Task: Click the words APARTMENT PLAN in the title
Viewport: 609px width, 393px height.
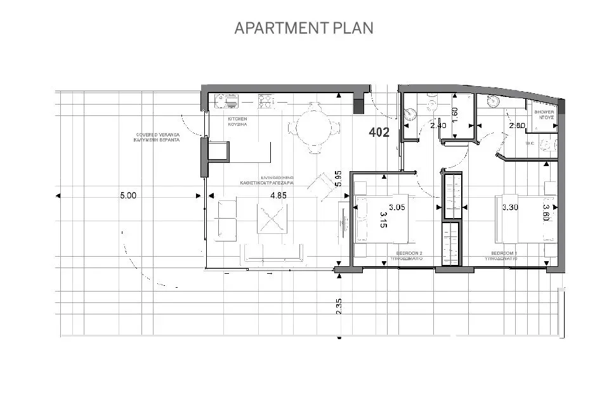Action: point(304,28)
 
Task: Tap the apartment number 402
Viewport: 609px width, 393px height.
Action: point(379,132)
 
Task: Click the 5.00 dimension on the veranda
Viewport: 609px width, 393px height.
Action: point(128,196)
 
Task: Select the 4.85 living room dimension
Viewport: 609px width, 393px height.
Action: point(278,196)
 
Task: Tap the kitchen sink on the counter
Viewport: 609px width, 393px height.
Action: point(226,99)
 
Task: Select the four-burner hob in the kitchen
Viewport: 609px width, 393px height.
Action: point(266,99)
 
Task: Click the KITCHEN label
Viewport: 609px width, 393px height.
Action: point(237,119)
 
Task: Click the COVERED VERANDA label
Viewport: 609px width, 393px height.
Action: point(158,135)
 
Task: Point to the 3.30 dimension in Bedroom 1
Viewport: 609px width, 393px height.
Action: point(511,207)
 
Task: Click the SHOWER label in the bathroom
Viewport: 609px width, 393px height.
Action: point(544,112)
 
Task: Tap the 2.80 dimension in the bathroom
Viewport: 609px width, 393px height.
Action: point(517,126)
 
